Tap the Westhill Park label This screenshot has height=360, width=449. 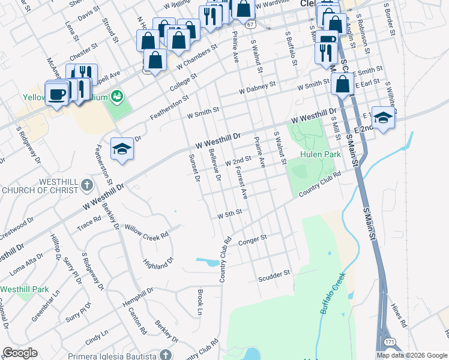pos(25,289)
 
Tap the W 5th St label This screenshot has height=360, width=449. pos(229,213)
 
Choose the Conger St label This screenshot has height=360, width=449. pos(252,241)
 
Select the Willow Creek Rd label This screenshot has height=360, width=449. pos(146,232)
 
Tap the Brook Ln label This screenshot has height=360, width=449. pos(199,302)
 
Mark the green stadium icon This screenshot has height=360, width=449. pos(117,96)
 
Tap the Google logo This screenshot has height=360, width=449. pos(20,353)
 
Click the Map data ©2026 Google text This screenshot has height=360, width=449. pos(411,355)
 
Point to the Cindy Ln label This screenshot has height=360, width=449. pos(97,335)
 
